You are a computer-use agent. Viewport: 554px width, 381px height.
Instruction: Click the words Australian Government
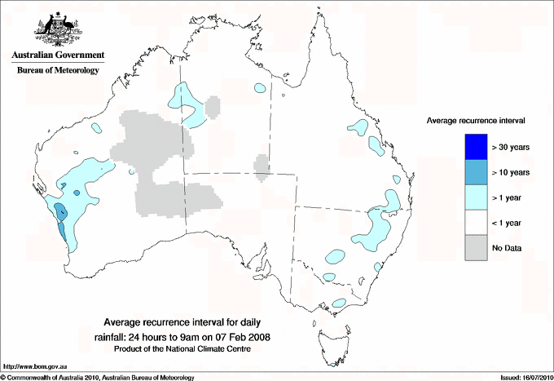click(x=57, y=55)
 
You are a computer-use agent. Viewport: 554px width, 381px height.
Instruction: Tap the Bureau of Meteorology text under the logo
click(x=57, y=70)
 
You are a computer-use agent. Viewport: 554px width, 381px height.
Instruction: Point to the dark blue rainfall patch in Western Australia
click(x=61, y=214)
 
